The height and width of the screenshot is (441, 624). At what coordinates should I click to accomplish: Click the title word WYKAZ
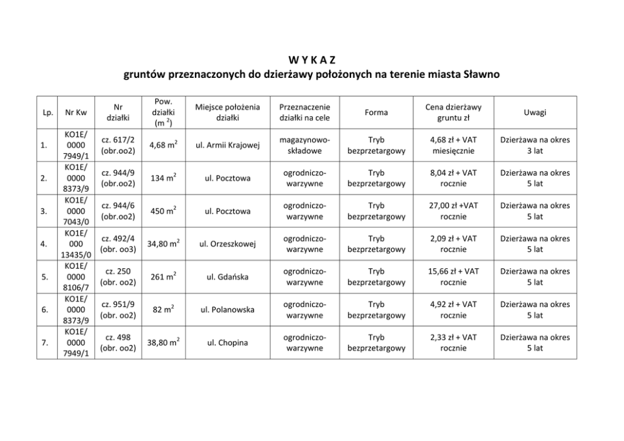312,60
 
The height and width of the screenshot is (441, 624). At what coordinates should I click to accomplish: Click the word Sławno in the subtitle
482,75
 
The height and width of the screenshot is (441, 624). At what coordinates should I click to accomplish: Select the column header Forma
376,112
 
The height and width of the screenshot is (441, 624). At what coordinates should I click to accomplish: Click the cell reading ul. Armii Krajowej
227,146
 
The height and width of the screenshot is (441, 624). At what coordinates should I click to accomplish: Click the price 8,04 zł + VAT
454,173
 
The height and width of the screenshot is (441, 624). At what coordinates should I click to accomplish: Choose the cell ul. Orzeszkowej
227,244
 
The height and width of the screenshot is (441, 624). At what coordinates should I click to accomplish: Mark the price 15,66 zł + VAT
454,271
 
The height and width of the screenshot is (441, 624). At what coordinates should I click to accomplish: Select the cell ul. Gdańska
227,277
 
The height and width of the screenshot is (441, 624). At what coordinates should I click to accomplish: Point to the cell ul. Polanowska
227,310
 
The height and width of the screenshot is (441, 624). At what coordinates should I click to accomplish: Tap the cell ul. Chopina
227,343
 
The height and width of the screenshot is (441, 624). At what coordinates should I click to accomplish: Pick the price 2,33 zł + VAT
454,337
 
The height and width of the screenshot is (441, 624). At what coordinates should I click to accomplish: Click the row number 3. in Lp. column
43,211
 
